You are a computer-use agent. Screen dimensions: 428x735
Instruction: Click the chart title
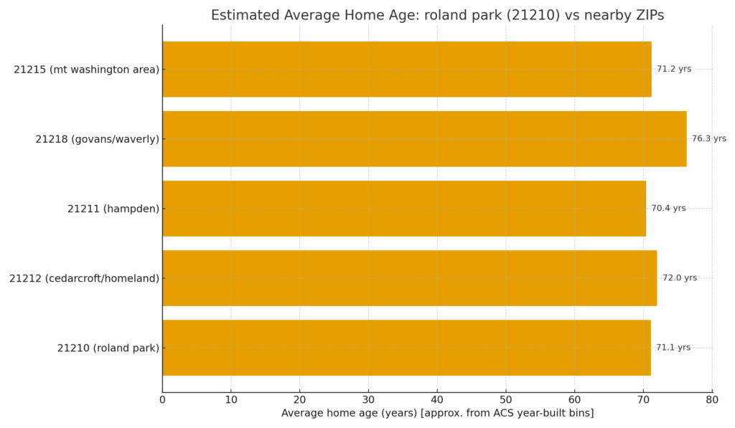(x=437, y=15)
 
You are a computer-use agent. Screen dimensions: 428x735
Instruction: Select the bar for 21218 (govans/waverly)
(x=423, y=139)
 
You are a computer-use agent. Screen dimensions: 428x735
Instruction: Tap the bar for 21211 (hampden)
(x=403, y=209)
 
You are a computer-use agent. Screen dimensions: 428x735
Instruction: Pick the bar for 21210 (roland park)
(x=406, y=348)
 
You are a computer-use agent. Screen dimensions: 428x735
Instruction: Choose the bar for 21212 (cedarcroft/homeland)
(x=409, y=278)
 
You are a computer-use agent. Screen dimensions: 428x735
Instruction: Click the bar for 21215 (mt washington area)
(x=406, y=70)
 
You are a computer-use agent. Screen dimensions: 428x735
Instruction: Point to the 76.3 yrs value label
(x=708, y=139)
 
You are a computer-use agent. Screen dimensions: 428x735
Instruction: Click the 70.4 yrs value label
(x=668, y=209)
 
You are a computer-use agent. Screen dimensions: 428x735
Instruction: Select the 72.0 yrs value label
(x=679, y=278)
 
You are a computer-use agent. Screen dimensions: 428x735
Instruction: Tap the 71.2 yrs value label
(x=674, y=70)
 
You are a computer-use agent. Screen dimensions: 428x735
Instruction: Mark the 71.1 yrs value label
(x=673, y=348)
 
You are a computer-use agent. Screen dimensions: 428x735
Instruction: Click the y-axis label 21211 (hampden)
(x=113, y=209)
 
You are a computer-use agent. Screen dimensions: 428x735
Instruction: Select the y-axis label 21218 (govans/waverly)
(x=97, y=139)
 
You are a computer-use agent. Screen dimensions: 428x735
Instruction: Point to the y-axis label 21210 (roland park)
(x=108, y=348)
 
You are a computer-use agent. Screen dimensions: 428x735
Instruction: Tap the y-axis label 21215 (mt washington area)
(x=86, y=70)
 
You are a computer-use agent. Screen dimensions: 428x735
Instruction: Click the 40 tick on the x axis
(x=437, y=399)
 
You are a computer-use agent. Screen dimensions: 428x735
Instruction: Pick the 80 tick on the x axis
(x=712, y=399)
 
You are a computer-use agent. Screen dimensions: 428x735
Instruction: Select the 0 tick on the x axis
(x=162, y=399)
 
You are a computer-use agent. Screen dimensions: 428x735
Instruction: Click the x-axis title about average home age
(x=437, y=414)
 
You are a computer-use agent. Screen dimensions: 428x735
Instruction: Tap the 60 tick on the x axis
(x=574, y=399)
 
